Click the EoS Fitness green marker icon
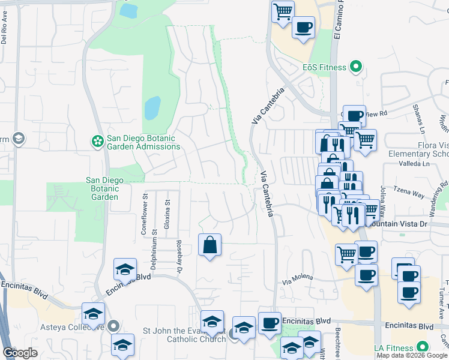[357, 67]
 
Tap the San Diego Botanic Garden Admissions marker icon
[97, 142]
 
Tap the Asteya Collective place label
[53, 326]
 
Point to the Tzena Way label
[410, 196]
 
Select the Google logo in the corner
[20, 353]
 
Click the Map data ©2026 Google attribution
[412, 355]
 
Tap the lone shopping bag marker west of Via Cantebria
[209, 245]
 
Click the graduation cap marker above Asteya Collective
[93, 313]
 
